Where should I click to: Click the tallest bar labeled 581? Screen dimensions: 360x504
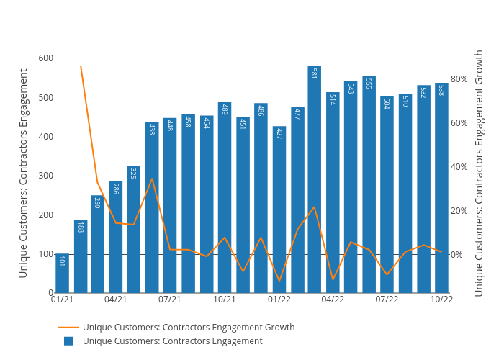(x=315, y=180)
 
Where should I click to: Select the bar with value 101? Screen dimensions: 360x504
(x=62, y=274)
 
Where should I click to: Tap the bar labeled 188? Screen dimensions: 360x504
(x=80, y=256)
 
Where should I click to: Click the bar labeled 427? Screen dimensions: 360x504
(x=279, y=210)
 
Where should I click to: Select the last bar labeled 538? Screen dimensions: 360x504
(x=441, y=188)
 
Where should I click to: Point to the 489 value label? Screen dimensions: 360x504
(x=225, y=109)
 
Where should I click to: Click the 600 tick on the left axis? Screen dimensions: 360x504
(x=45, y=58)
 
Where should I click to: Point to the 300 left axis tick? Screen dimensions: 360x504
(x=45, y=176)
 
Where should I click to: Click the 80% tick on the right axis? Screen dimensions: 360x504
(x=459, y=78)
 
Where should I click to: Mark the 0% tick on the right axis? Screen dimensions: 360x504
(x=457, y=255)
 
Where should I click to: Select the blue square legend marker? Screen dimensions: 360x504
(x=68, y=341)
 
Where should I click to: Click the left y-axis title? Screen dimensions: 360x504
(x=24, y=173)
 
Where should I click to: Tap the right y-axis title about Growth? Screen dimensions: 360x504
(x=480, y=173)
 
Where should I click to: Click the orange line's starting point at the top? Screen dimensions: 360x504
(x=81, y=66)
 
